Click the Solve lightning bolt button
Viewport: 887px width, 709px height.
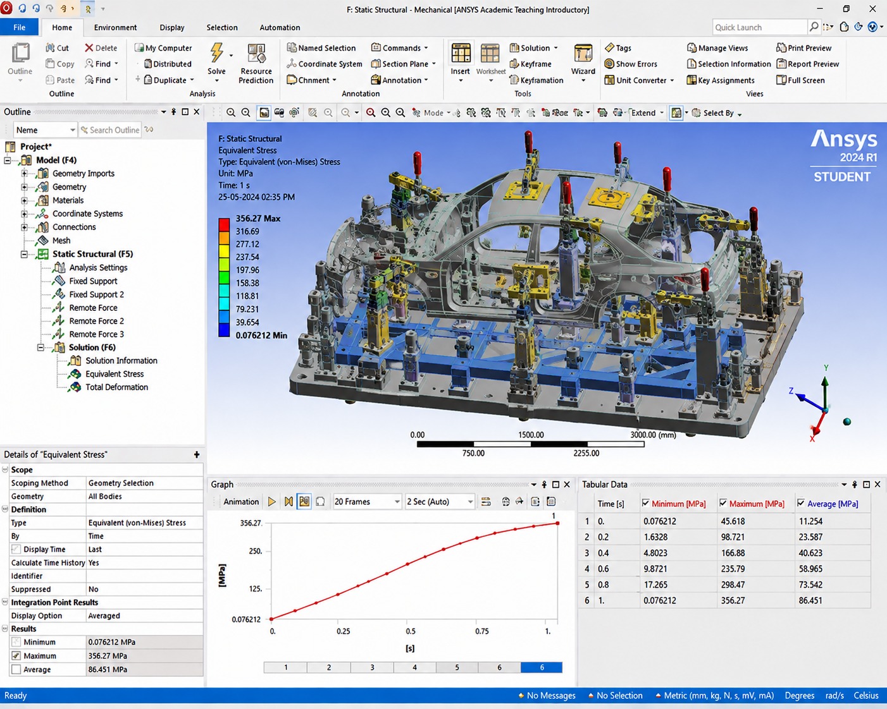(x=216, y=54)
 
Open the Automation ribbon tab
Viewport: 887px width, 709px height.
(x=280, y=28)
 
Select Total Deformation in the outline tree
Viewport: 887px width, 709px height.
(x=116, y=387)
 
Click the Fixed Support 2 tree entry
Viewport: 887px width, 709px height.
(x=96, y=294)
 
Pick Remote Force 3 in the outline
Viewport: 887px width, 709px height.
(x=96, y=334)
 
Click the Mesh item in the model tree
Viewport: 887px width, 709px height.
(x=61, y=241)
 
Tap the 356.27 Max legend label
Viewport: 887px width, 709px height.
(x=257, y=218)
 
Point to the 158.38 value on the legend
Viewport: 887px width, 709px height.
(x=247, y=283)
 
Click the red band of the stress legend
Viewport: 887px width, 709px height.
(x=224, y=225)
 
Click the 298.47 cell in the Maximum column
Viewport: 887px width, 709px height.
(x=733, y=585)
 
